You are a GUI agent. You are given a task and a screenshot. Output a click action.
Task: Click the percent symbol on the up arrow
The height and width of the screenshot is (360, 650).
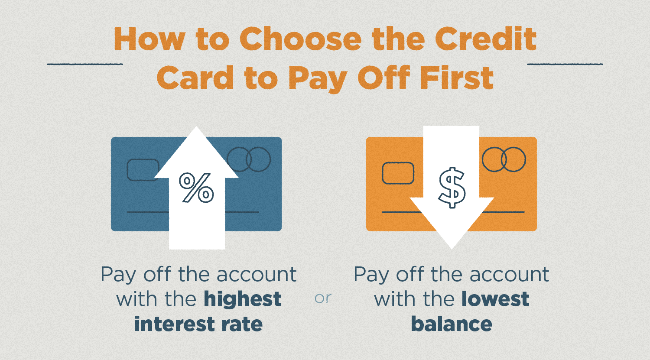196,188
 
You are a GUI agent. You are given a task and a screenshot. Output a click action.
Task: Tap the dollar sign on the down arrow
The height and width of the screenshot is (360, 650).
452,188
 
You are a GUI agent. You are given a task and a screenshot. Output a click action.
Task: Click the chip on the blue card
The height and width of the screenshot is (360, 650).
143,170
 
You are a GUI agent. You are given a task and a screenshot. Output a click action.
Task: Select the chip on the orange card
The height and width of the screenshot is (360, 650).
398,173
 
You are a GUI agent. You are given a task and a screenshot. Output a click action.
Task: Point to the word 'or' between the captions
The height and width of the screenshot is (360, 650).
323,298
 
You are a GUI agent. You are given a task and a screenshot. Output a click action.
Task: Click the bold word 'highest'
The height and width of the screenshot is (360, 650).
243,299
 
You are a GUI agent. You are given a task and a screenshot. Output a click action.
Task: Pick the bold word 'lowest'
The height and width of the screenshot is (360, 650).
495,299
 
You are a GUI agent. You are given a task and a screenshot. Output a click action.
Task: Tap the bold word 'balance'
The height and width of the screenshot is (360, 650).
452,324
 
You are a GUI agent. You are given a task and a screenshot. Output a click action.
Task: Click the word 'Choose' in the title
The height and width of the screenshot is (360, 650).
301,39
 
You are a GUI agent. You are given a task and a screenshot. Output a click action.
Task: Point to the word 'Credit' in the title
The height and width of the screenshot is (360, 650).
486,39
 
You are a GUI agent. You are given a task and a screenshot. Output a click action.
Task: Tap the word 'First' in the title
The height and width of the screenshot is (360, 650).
457,77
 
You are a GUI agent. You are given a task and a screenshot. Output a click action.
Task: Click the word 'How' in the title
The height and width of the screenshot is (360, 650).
149,39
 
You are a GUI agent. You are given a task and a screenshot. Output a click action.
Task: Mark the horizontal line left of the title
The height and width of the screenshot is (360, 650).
85,64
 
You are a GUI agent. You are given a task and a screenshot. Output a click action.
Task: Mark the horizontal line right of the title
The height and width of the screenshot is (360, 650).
565,64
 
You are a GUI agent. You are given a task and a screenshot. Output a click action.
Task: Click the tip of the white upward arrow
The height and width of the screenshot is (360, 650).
196,127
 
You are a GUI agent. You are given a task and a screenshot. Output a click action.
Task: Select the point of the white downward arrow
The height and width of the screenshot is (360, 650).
452,249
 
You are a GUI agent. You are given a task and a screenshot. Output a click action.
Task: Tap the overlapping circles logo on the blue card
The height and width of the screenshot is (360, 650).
249,159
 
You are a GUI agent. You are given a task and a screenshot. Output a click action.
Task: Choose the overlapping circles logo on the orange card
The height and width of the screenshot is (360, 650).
504,159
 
